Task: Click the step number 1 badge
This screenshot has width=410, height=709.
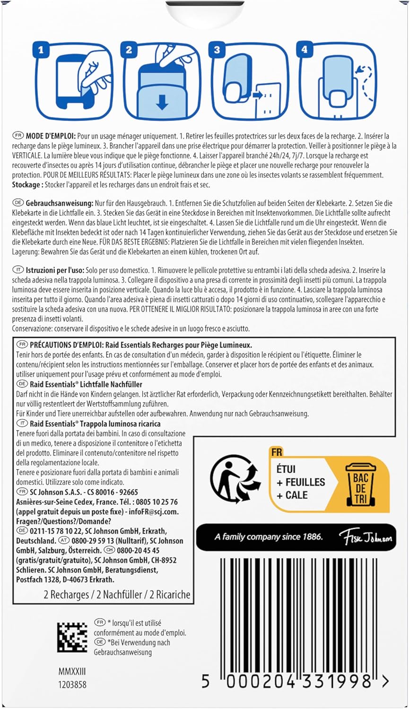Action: (42, 50)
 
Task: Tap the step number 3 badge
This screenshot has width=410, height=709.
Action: (217, 50)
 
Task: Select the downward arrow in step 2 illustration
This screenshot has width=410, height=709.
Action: (162, 103)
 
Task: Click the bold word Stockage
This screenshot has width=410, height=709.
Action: (26, 185)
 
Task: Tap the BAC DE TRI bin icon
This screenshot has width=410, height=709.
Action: (361, 484)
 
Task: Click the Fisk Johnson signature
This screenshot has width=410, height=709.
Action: (365, 537)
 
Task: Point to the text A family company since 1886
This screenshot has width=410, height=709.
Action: (268, 536)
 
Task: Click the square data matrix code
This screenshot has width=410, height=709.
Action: (72, 637)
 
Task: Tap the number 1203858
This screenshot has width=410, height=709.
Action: (72, 684)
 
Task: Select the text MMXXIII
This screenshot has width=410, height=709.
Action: (72, 672)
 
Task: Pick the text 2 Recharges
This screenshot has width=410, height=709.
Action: (66, 595)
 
